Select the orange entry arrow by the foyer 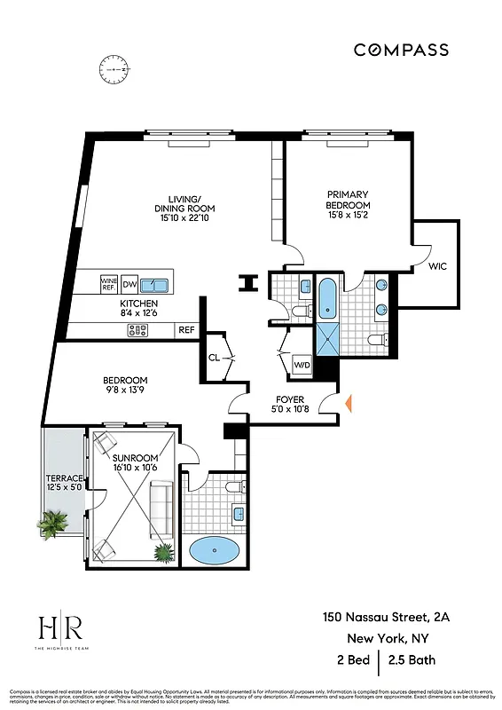pos(349,404)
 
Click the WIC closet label pos(437,265)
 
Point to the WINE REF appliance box pos(109,284)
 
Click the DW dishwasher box pos(129,284)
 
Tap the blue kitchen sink pos(155,284)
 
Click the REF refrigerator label pos(186,329)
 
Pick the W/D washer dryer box pos(302,364)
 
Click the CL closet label pos(214,359)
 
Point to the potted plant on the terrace pos(53,524)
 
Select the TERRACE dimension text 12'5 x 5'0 pos(64,486)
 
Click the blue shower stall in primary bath pos(328,338)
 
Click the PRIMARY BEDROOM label pos(348,201)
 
